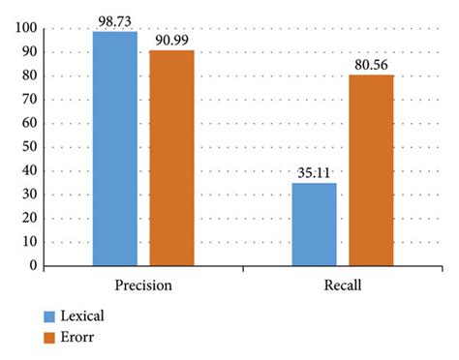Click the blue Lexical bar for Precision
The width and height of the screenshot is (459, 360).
pyautogui.click(x=115, y=148)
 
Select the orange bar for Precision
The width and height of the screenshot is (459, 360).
pyautogui.click(x=171, y=157)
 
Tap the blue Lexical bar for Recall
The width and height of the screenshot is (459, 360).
pyautogui.click(x=314, y=224)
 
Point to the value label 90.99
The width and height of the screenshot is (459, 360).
pyautogui.click(x=171, y=40)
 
